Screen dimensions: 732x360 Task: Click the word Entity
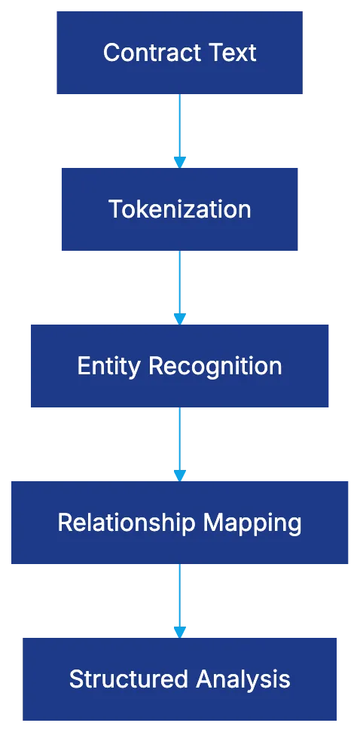click(x=110, y=366)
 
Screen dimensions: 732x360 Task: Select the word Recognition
click(x=215, y=366)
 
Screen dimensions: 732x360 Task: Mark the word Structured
click(x=129, y=679)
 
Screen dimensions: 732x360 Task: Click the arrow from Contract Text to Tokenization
click(x=178, y=124)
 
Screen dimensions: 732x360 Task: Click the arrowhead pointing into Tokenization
click(x=178, y=161)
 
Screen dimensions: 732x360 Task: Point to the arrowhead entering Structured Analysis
click(x=178, y=631)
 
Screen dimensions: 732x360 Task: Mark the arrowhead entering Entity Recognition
click(x=178, y=318)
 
